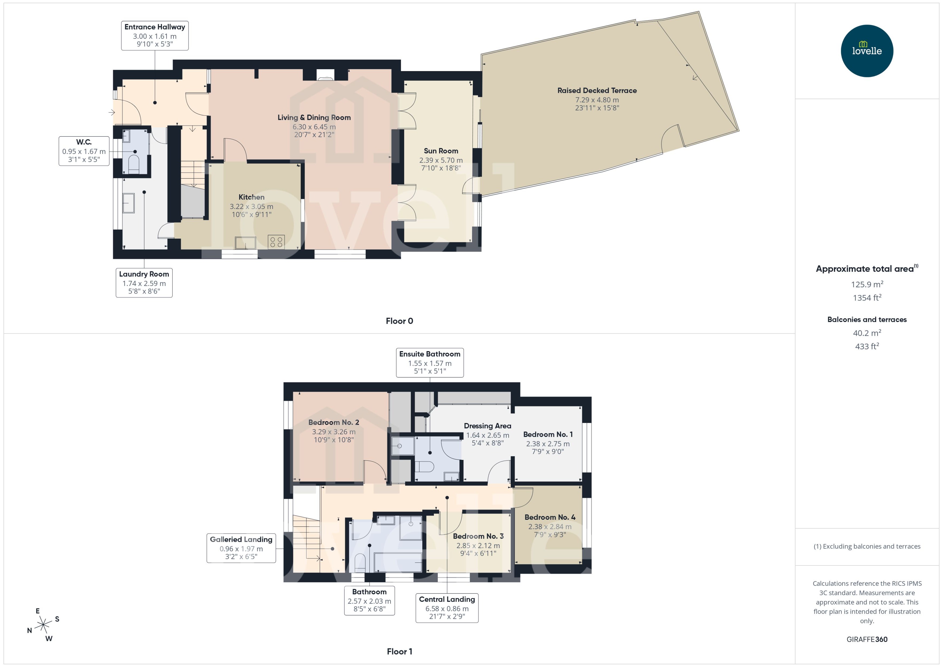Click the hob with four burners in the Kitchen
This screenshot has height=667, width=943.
pos(276,242)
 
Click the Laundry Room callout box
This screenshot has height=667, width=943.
pos(144,282)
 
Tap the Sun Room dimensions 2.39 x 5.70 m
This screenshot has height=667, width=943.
pos(441,160)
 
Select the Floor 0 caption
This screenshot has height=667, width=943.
pos(399,321)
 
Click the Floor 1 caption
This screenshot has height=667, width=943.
pos(399,651)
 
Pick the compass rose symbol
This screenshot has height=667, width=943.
pos(43,625)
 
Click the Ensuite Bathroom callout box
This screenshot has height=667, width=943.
pos(429,362)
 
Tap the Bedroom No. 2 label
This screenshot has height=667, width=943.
pos(334,422)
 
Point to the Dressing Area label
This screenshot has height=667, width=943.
pos(487,426)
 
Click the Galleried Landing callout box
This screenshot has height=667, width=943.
pos(241,548)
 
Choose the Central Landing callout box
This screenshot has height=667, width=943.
pos(447,608)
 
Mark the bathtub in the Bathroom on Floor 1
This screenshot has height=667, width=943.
pos(398,562)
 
